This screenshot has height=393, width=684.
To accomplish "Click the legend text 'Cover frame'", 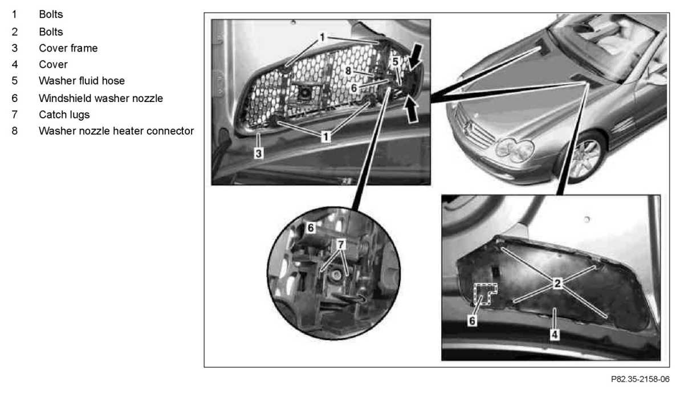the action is (68, 48).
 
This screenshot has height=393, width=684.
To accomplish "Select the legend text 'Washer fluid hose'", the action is (82, 81).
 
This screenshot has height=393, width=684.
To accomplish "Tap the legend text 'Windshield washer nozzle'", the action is (101, 98).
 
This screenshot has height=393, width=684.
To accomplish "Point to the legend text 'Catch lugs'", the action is (64, 114).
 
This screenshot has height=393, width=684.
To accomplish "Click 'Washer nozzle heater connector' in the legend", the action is (116, 131).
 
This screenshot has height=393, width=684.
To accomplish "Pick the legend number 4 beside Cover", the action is (15, 65).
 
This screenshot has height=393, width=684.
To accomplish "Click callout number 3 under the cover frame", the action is (258, 153).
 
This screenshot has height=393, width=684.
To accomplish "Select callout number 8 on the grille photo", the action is (348, 71).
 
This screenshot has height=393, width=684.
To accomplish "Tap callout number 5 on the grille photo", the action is (396, 62).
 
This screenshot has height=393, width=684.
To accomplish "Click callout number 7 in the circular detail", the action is (341, 244).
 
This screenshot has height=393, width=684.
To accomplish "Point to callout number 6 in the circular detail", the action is (311, 228).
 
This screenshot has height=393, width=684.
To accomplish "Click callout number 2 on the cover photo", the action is (557, 284).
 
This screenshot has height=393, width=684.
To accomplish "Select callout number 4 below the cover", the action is (555, 335).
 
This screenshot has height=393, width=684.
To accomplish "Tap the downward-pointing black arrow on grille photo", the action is (417, 57).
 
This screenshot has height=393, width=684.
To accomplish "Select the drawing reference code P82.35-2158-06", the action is (640, 379).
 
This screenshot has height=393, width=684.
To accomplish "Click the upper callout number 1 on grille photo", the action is (322, 37).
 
